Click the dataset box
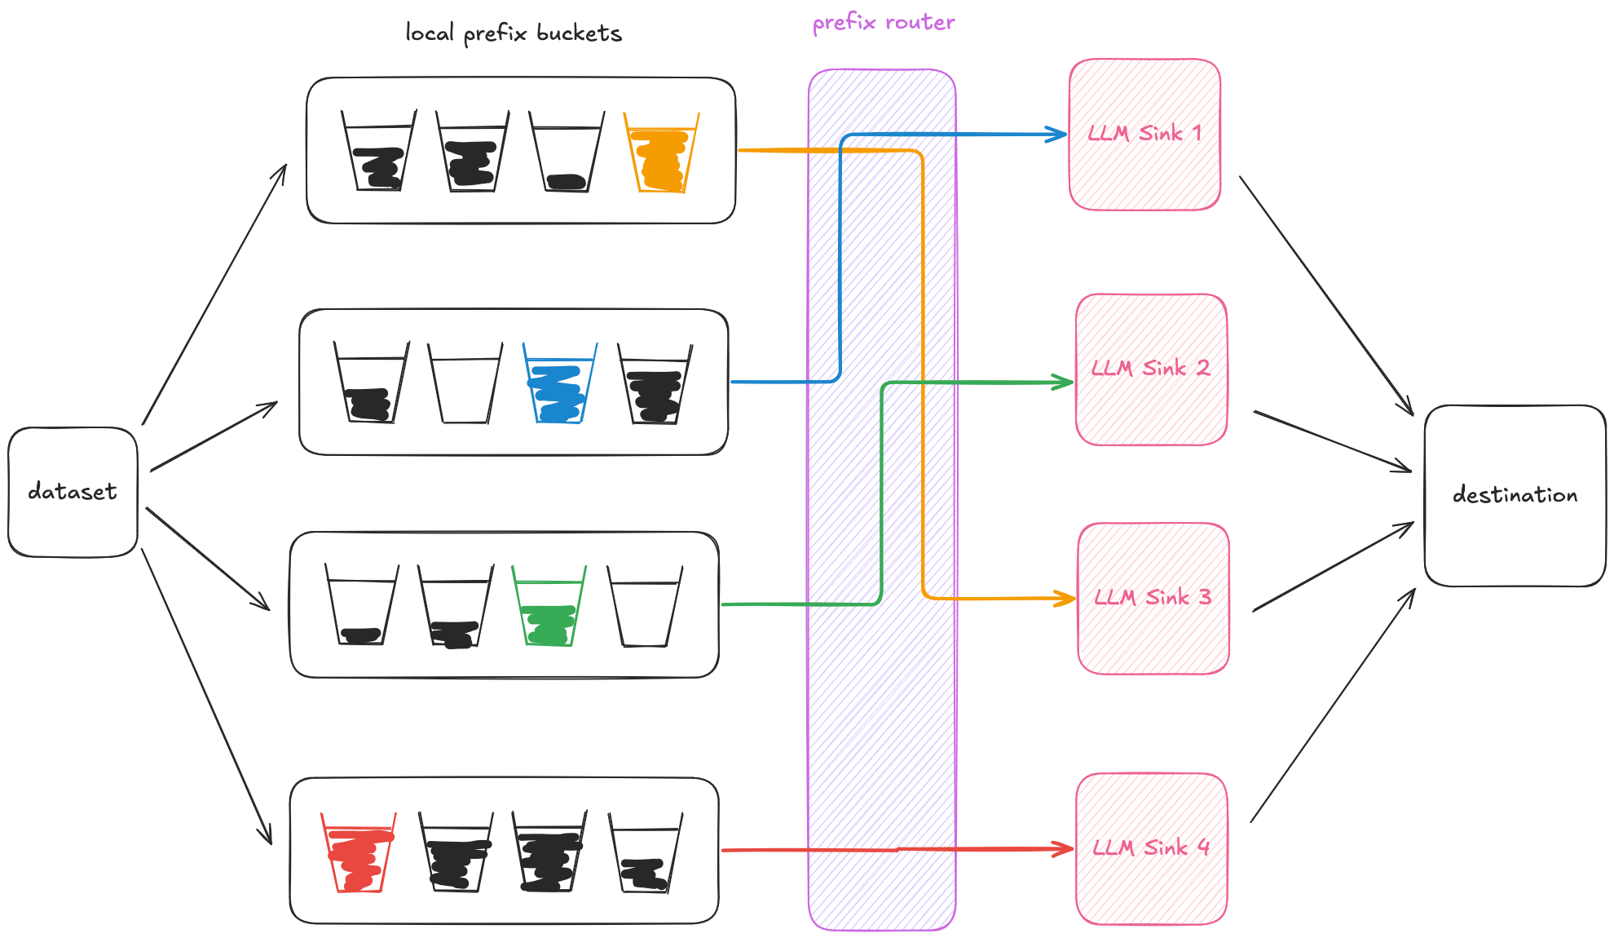73,492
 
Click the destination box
1515,495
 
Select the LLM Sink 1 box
1144,135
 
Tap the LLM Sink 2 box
1151,369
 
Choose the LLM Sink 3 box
1153,599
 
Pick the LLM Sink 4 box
1151,848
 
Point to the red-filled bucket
358,855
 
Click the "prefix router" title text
883,23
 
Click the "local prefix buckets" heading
514,33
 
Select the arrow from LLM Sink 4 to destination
1333,705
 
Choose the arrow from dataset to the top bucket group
214,294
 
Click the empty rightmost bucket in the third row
645,608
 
